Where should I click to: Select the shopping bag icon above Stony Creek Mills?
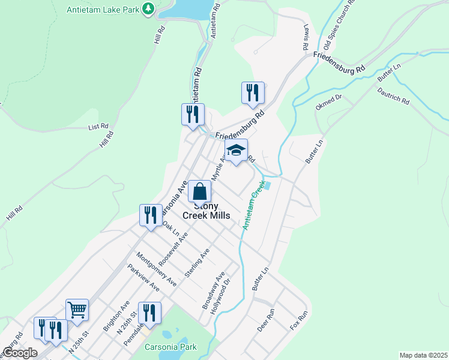tap(200, 192)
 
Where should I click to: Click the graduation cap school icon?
tap(237, 150)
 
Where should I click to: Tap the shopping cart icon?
tap(77, 310)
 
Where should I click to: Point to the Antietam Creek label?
tap(253, 208)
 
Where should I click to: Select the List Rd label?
tap(98, 127)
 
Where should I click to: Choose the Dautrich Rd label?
tap(394, 97)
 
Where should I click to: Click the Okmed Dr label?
tap(328, 101)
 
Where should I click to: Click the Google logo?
tap(20, 353)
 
